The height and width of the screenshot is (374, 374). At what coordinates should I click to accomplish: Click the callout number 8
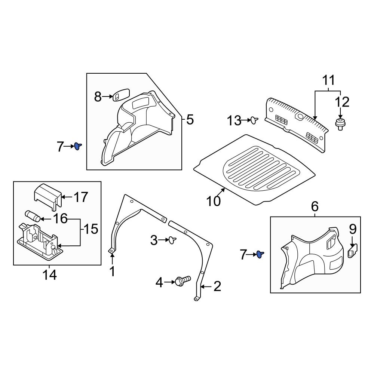(98, 97)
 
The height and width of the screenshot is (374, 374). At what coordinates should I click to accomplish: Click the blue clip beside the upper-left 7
(77, 146)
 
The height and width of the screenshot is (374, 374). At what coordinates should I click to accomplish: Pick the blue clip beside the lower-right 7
(260, 255)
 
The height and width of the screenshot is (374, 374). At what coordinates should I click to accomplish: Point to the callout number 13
(235, 121)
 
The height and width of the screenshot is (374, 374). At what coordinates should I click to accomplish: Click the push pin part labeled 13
(255, 120)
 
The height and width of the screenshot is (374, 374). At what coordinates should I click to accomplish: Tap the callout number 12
(342, 102)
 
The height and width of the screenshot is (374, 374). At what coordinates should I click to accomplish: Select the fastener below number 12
(340, 124)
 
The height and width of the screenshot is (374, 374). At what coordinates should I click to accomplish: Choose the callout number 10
(214, 201)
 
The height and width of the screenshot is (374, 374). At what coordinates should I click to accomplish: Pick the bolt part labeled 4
(182, 280)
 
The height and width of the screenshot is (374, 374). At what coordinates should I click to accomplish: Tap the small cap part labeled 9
(353, 250)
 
